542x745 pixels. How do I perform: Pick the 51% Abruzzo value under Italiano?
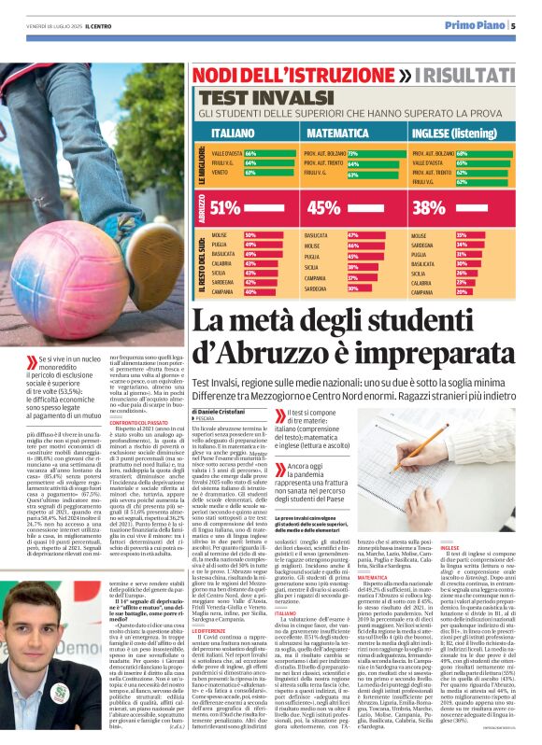pyautogui.click(x=226, y=207)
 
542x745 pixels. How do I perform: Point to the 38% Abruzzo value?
pyautogui.click(x=429, y=207)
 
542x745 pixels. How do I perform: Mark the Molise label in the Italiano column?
pyautogui.click(x=221, y=235)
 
